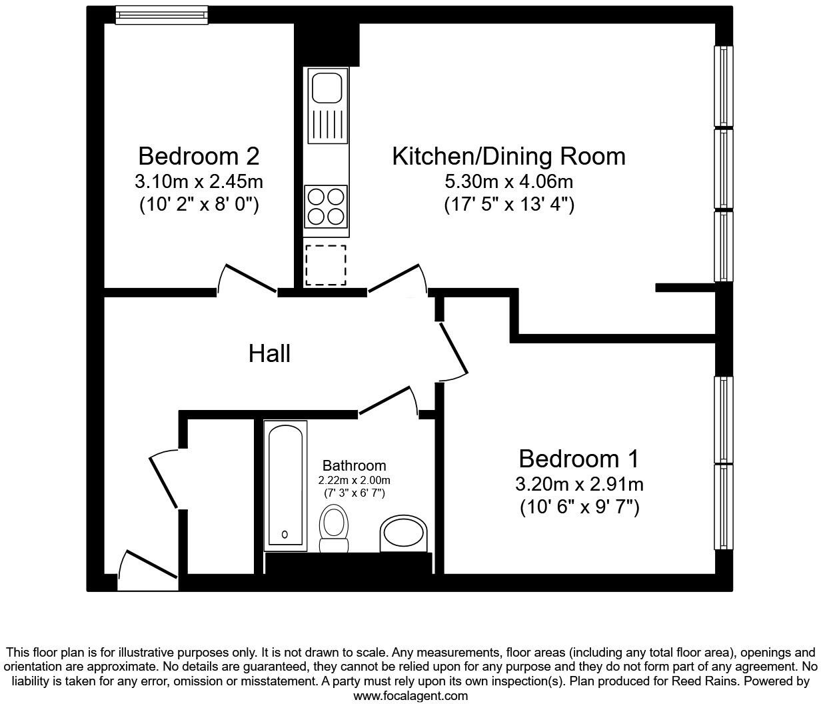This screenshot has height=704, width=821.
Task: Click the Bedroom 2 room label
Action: coord(199,157)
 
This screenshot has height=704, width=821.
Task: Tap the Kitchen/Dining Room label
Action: coord(508,157)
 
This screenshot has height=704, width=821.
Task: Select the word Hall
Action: coord(269,353)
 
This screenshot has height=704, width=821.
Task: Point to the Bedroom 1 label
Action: coord(578,459)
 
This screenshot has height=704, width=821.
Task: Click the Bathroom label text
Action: coord(354,465)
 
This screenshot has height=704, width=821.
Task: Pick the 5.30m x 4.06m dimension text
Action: coord(508,181)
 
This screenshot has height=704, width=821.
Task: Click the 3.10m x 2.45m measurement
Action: coord(199,181)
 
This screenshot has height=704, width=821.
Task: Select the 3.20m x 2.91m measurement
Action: coord(578,484)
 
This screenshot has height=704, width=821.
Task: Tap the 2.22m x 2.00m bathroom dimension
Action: coord(354,480)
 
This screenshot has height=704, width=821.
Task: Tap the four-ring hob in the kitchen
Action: coord(326,206)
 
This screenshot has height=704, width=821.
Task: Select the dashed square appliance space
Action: coord(326,265)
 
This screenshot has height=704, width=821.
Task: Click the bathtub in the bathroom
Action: coord(285,485)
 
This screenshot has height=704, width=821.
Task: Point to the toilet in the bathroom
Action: coord(334,528)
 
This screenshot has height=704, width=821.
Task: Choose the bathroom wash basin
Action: coord(403,534)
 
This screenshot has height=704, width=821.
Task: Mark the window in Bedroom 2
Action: coord(161,15)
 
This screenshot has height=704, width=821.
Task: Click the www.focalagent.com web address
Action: coord(410,696)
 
